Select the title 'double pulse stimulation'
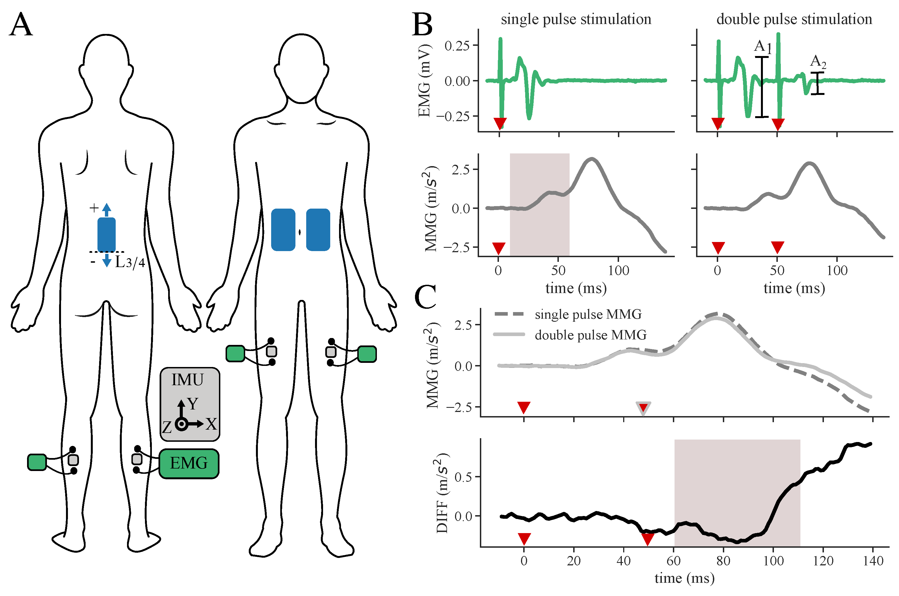(794, 19)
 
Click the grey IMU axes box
(190, 404)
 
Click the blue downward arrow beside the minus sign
(107, 260)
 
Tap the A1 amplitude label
(763, 47)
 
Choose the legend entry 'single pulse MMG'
(588, 314)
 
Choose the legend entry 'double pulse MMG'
(590, 335)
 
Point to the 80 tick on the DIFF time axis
(723, 561)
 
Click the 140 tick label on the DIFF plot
(873, 561)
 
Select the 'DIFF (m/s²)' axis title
(442, 493)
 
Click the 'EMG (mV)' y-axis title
(425, 81)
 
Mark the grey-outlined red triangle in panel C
(643, 408)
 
